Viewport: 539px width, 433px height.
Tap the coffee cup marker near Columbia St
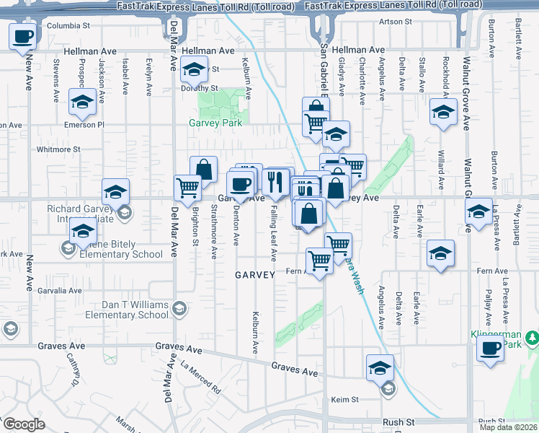23,36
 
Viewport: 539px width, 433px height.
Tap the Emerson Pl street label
86,125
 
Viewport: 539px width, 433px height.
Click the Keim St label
344,399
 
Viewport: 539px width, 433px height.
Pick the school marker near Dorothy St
192,71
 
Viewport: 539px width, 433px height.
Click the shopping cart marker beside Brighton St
187,188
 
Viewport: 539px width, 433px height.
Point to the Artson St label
396,22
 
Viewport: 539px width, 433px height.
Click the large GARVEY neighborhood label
255,275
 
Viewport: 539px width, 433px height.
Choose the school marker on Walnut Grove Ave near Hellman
443,111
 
